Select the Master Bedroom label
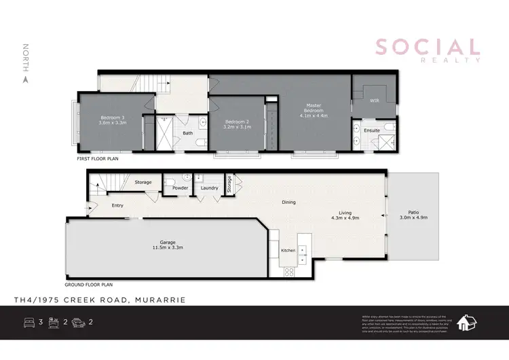(313, 110)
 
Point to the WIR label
(373, 101)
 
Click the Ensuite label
(372, 129)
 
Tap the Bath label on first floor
(188, 133)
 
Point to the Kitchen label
(288, 251)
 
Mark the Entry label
(118, 205)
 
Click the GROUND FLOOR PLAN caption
(88, 285)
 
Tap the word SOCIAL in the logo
(427, 47)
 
